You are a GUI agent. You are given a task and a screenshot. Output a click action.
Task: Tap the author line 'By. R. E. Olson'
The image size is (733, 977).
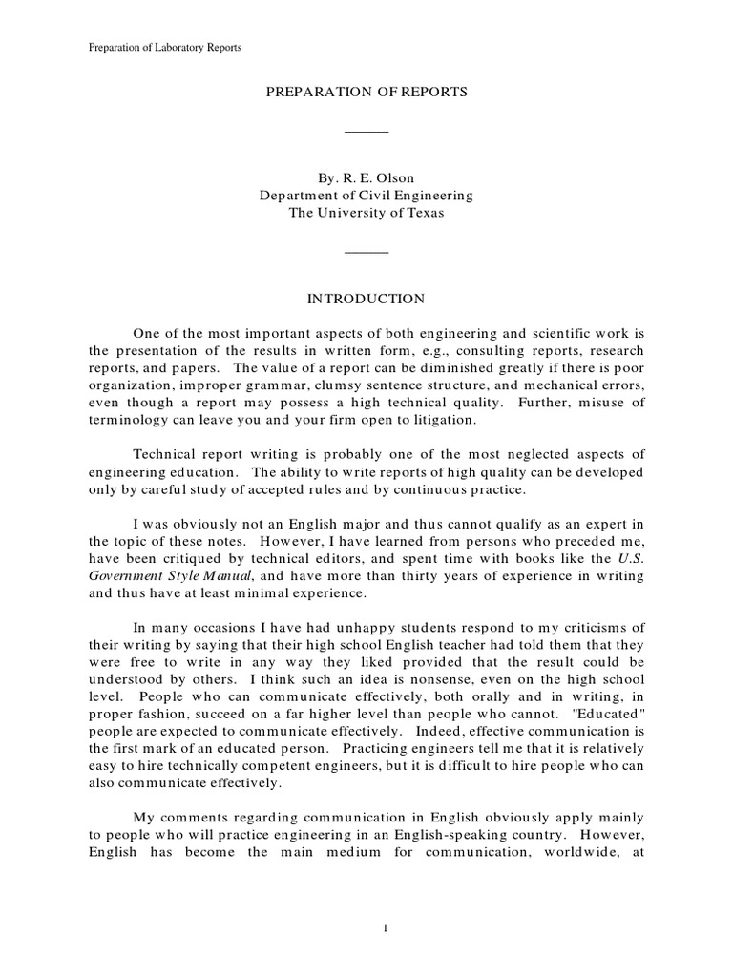[366, 177]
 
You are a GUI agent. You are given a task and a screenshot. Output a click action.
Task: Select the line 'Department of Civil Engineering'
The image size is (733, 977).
[366, 196]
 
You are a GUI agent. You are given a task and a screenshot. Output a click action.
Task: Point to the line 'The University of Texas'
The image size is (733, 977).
[366, 213]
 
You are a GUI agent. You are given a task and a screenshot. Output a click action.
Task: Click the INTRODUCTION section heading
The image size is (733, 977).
[366, 299]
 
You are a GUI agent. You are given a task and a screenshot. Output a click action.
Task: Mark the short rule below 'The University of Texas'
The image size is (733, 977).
[366, 253]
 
